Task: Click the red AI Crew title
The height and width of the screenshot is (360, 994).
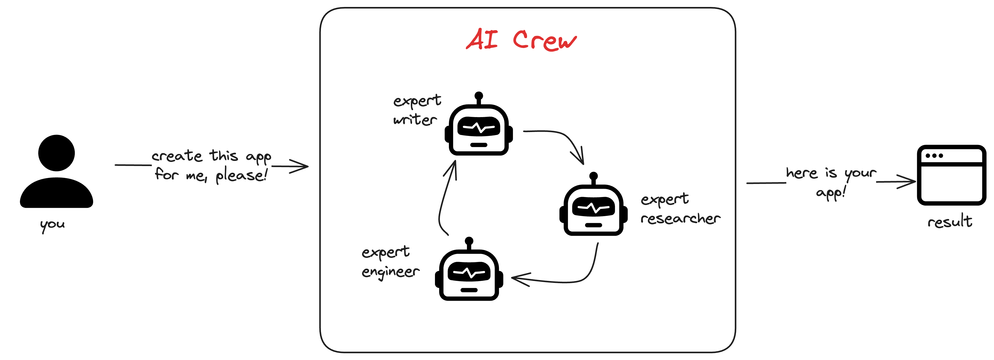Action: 521,40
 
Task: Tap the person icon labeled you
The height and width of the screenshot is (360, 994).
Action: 56,172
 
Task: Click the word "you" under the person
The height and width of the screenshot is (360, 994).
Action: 52,225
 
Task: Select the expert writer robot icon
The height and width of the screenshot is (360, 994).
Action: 479,129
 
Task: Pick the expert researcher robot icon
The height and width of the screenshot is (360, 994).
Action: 593,209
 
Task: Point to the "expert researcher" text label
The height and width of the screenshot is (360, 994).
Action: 680,209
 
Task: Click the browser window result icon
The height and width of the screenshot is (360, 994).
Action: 951,176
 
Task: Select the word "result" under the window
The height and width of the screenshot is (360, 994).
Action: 950,222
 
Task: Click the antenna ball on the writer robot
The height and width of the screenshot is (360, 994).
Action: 479,95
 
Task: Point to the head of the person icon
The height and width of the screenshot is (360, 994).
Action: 56,153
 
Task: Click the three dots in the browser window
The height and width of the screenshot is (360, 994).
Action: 934,156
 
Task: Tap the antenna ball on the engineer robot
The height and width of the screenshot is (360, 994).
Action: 469,241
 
